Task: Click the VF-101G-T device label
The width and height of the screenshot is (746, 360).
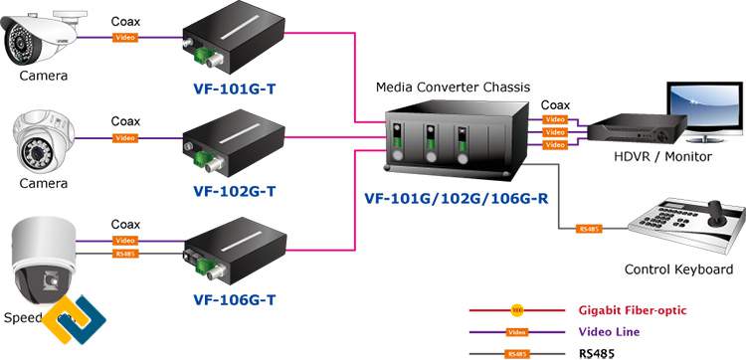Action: [x=235, y=89]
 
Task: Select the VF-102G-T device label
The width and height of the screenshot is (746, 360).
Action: [x=235, y=189]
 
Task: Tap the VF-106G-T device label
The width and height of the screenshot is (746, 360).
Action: [x=235, y=296]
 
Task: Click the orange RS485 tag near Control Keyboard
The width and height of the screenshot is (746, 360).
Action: [x=589, y=230]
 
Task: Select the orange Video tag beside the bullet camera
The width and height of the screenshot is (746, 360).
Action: [x=125, y=38]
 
